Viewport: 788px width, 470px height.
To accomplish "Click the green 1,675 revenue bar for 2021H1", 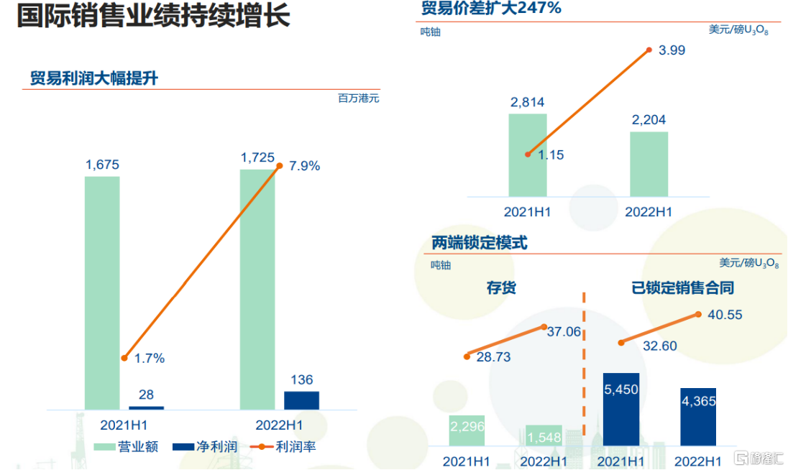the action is pyautogui.click(x=102, y=292).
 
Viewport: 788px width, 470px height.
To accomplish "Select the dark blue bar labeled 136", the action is pyautogui.click(x=301, y=400).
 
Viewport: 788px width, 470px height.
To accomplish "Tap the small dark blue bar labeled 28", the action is pyautogui.click(x=146, y=407).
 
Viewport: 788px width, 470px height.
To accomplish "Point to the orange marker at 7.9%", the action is pyautogui.click(x=280, y=166).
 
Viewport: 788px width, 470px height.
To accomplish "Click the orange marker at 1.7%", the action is pyautogui.click(x=124, y=358).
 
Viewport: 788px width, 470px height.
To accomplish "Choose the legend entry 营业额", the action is pyautogui.click(x=126, y=446).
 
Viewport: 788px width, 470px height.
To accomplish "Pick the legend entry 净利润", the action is pyautogui.click(x=205, y=446).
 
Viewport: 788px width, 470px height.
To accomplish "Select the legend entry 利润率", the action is pyautogui.click(x=283, y=446).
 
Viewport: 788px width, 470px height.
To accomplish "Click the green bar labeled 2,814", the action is pyautogui.click(x=528, y=155).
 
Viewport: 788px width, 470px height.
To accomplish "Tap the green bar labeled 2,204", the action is pyautogui.click(x=649, y=164).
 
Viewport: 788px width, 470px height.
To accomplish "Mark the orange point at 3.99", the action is pyautogui.click(x=649, y=50).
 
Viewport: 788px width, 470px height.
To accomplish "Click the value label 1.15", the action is pyautogui.click(x=551, y=155).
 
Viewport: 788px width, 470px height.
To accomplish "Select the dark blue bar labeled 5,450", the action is pyautogui.click(x=621, y=409).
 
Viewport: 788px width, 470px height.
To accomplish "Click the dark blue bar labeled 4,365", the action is pyautogui.click(x=699, y=417).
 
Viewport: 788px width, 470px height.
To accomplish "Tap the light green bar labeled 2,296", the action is pyautogui.click(x=467, y=430).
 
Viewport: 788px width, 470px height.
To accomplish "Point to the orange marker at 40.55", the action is pyautogui.click(x=698, y=314).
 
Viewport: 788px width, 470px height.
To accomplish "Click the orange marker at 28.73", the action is pyautogui.click(x=467, y=356).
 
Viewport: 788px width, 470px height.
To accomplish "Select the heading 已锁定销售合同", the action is pyautogui.click(x=682, y=287).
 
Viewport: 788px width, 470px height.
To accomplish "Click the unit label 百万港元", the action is pyautogui.click(x=358, y=98).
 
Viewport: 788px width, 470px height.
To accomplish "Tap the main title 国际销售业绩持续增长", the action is pyautogui.click(x=153, y=15).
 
